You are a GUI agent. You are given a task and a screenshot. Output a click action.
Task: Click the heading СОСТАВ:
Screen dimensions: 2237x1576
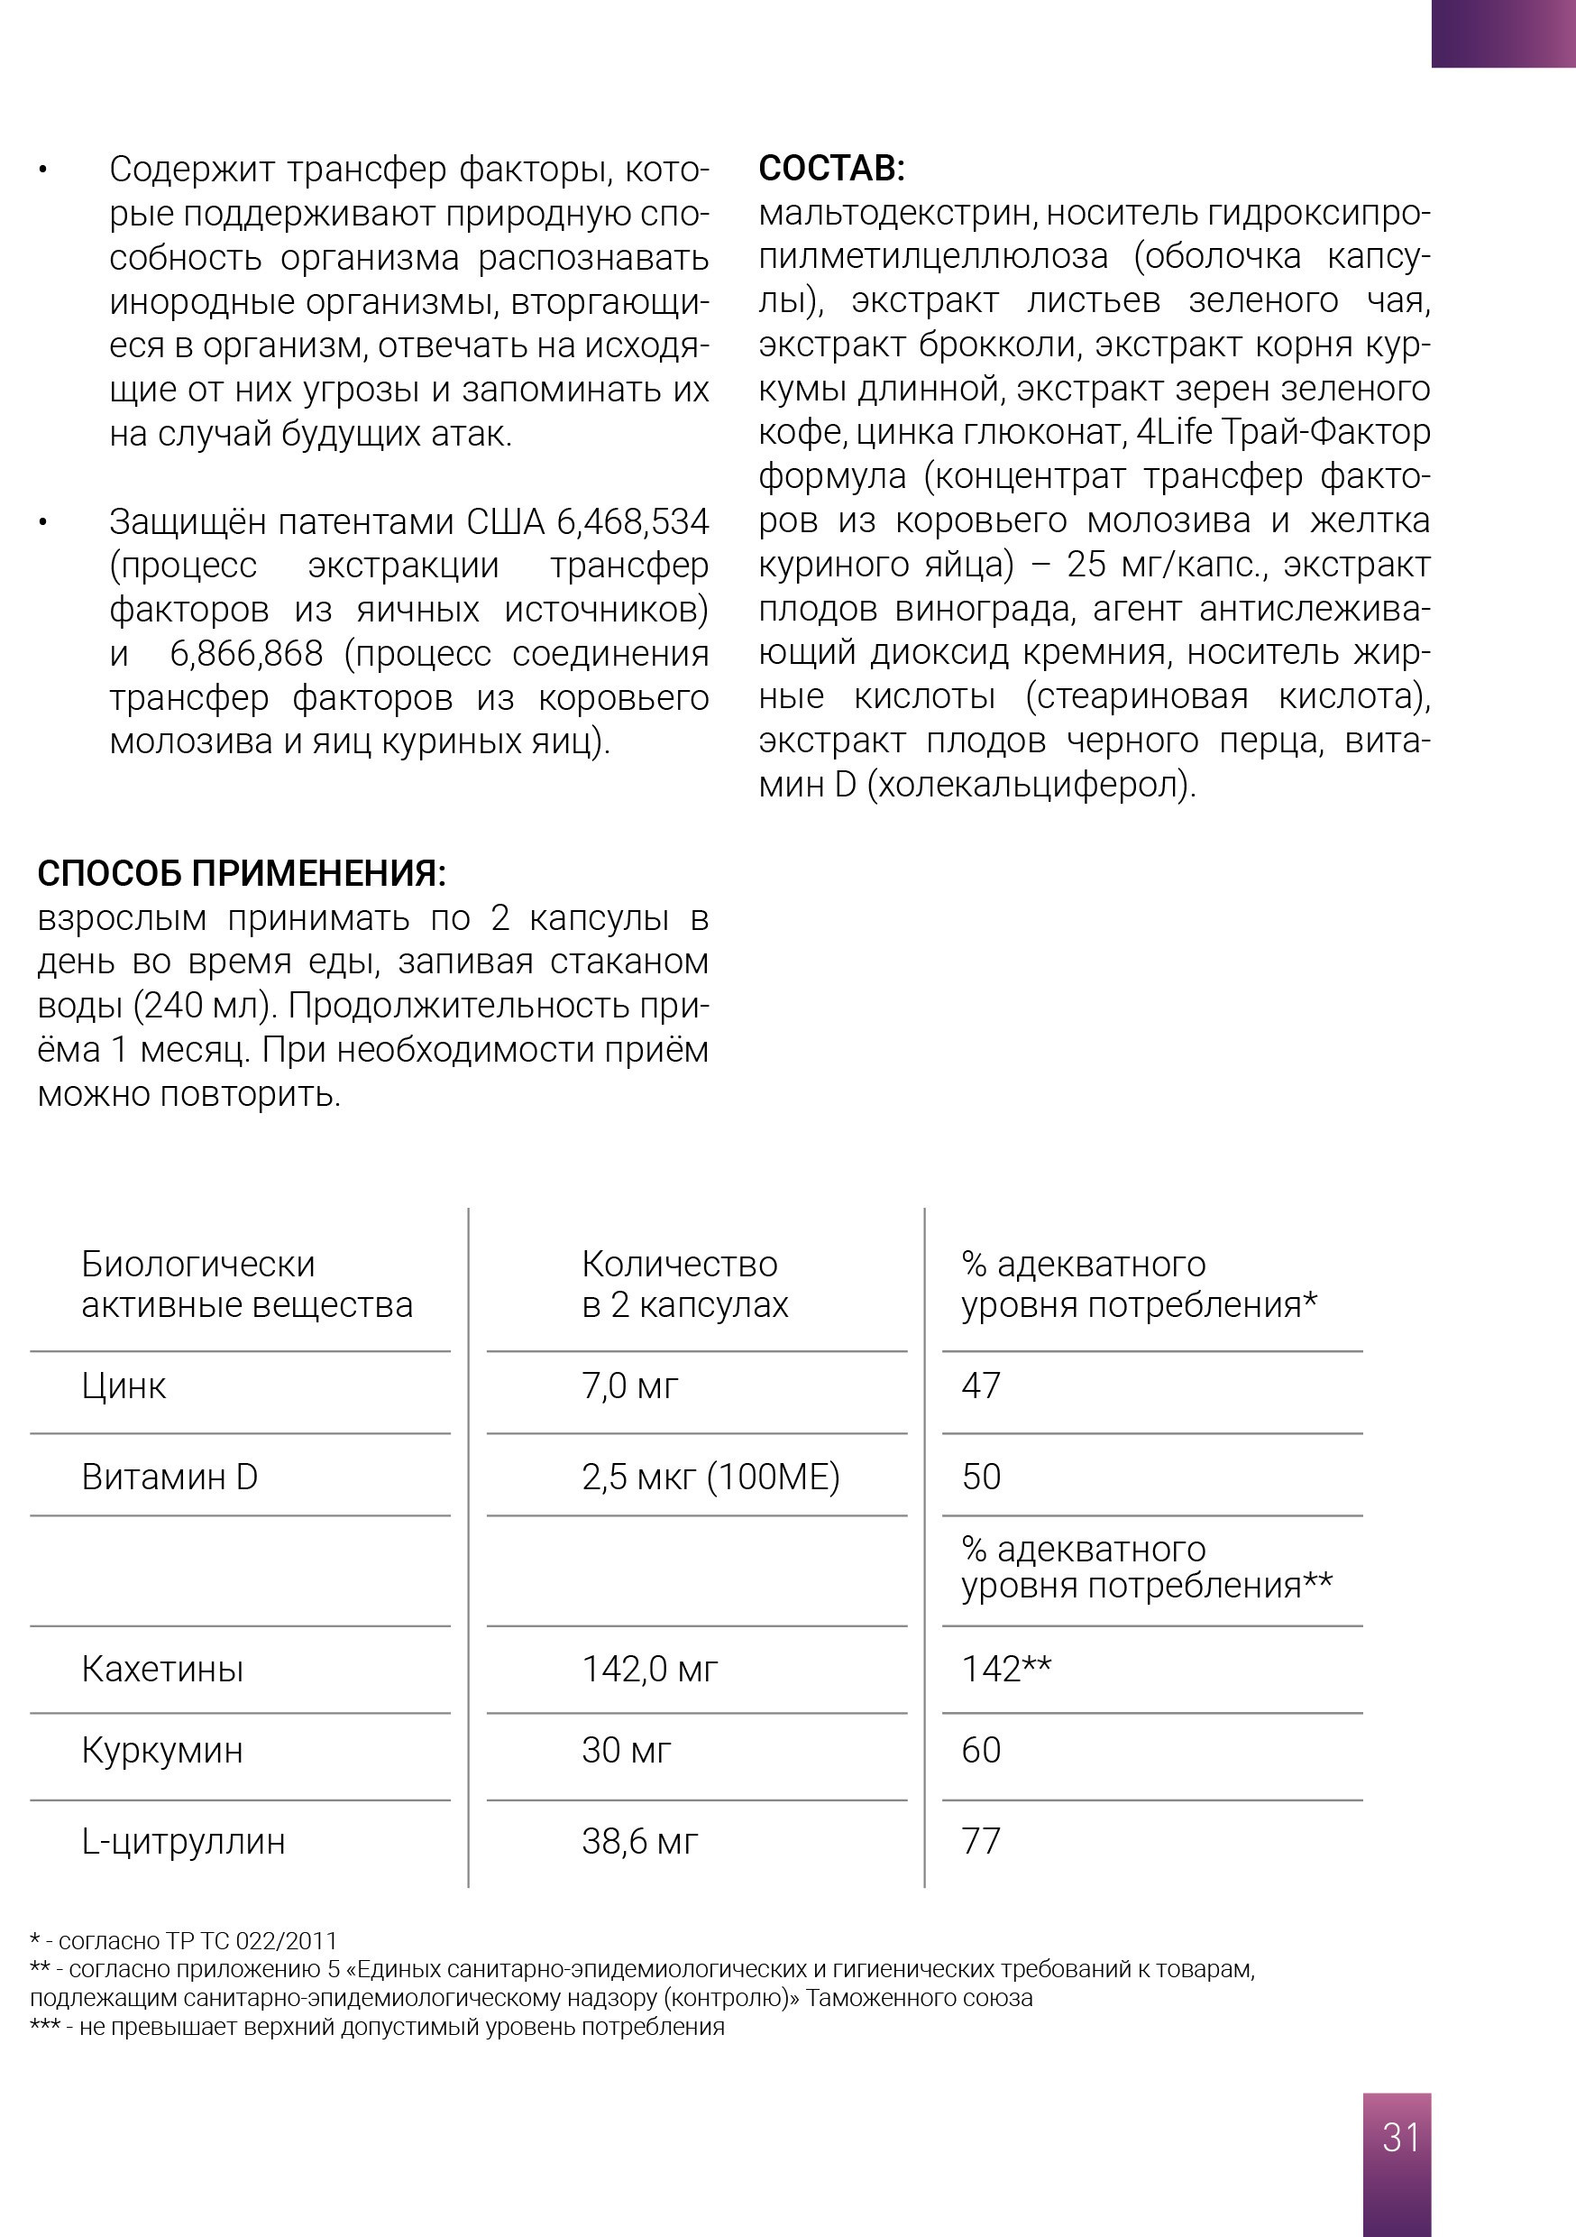pyautogui.click(x=832, y=169)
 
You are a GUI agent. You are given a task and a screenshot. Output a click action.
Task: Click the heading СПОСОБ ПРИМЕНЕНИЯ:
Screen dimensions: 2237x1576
pyautogui.click(x=242, y=873)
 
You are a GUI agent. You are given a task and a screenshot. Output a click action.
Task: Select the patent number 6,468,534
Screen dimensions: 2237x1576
pyautogui.click(x=632, y=522)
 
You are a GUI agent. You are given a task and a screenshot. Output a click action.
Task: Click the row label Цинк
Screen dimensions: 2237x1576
pyautogui.click(x=124, y=1385)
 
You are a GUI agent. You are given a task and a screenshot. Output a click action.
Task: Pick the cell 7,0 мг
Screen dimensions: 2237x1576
pyautogui.click(x=629, y=1385)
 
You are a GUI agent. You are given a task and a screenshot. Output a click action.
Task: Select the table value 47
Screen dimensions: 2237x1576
pyautogui.click(x=981, y=1385)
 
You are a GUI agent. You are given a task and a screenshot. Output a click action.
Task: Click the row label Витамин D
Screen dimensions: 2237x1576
pyautogui.click(x=170, y=1477)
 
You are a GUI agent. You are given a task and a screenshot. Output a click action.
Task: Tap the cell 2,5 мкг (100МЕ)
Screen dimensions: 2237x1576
pyautogui.click(x=710, y=1477)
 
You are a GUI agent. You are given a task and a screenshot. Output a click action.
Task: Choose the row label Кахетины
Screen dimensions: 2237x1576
pyautogui.click(x=162, y=1669)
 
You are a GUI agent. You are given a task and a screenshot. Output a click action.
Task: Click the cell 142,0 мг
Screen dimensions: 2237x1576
pyautogui.click(x=650, y=1669)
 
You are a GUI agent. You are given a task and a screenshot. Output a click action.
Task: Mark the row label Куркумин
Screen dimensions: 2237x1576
pyautogui.click(x=162, y=1750)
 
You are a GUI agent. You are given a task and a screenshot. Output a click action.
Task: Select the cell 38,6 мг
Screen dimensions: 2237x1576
pyautogui.click(x=640, y=1841)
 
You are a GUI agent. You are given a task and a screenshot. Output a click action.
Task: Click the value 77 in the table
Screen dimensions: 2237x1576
pyautogui.click(x=981, y=1841)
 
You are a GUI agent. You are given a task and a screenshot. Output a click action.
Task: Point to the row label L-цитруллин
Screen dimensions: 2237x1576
pyautogui.click(x=183, y=1841)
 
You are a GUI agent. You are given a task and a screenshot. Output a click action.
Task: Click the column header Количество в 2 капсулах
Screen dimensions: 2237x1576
pyautogui.click(x=684, y=1284)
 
